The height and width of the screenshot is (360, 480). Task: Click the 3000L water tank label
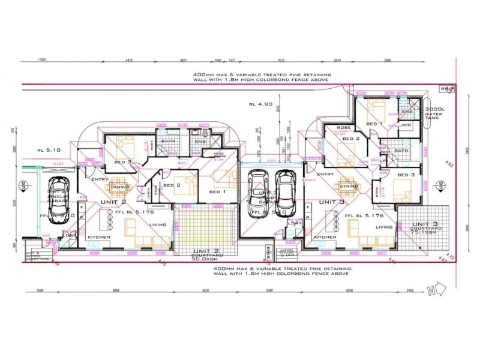coord(433,113)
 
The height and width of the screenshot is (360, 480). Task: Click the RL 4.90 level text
coord(260,104)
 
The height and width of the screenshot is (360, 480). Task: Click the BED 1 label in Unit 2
coord(218,191)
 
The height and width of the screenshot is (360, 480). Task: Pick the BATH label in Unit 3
coord(401,151)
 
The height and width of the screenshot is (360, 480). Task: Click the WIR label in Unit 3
coord(406,125)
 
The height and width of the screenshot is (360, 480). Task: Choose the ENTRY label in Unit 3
coord(325,174)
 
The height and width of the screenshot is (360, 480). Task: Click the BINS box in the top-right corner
coord(445,89)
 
